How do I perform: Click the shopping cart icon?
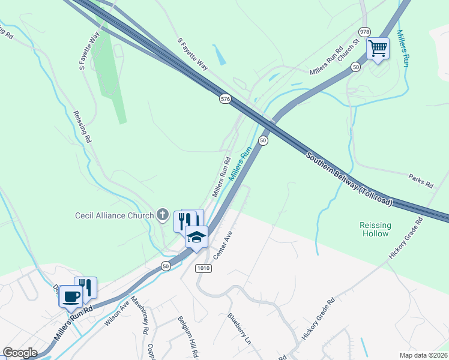(x=378, y=48)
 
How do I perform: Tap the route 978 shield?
(x=364, y=31)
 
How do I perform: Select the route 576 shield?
(x=225, y=100)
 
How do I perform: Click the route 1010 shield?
(x=203, y=268)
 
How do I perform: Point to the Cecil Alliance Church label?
(x=115, y=215)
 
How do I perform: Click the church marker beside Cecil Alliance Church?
(x=162, y=214)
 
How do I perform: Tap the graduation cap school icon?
(x=196, y=236)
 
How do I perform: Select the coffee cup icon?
(x=71, y=296)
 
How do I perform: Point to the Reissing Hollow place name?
(x=375, y=229)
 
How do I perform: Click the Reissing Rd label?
(x=82, y=127)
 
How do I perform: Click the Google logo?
(x=20, y=353)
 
